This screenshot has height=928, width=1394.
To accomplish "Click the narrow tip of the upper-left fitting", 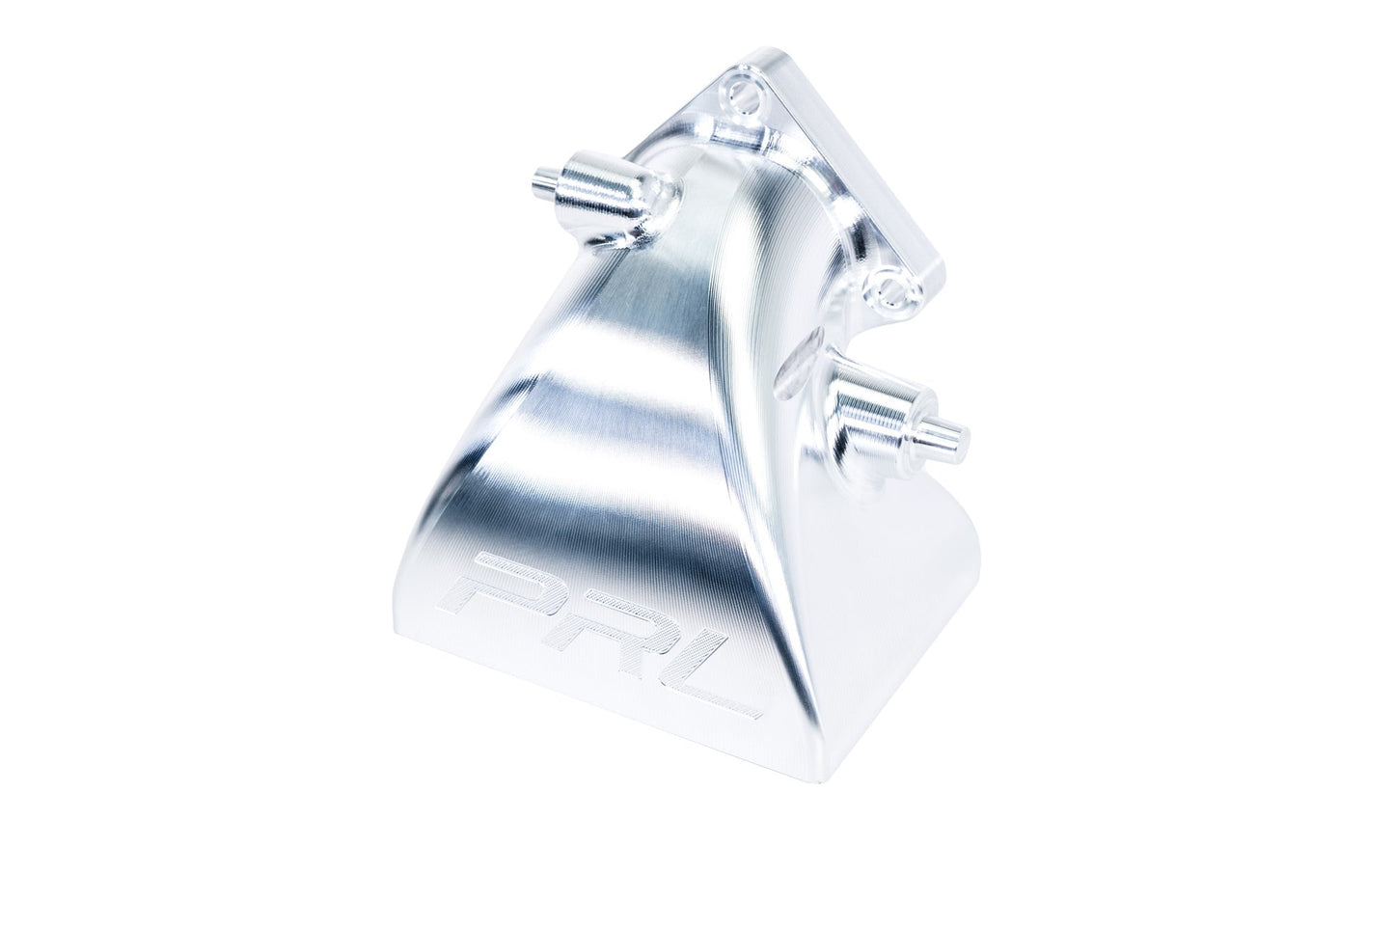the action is (x=543, y=180).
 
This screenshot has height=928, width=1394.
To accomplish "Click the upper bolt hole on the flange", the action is (x=741, y=102).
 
